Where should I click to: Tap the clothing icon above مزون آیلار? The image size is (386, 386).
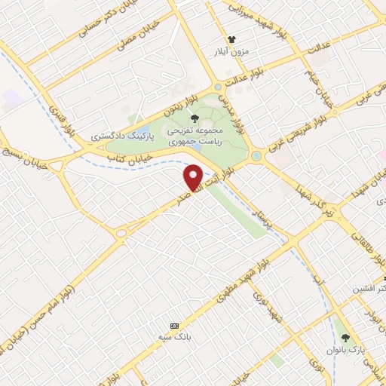tap(232, 40)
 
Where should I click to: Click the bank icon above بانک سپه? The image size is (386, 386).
tap(175, 325)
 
